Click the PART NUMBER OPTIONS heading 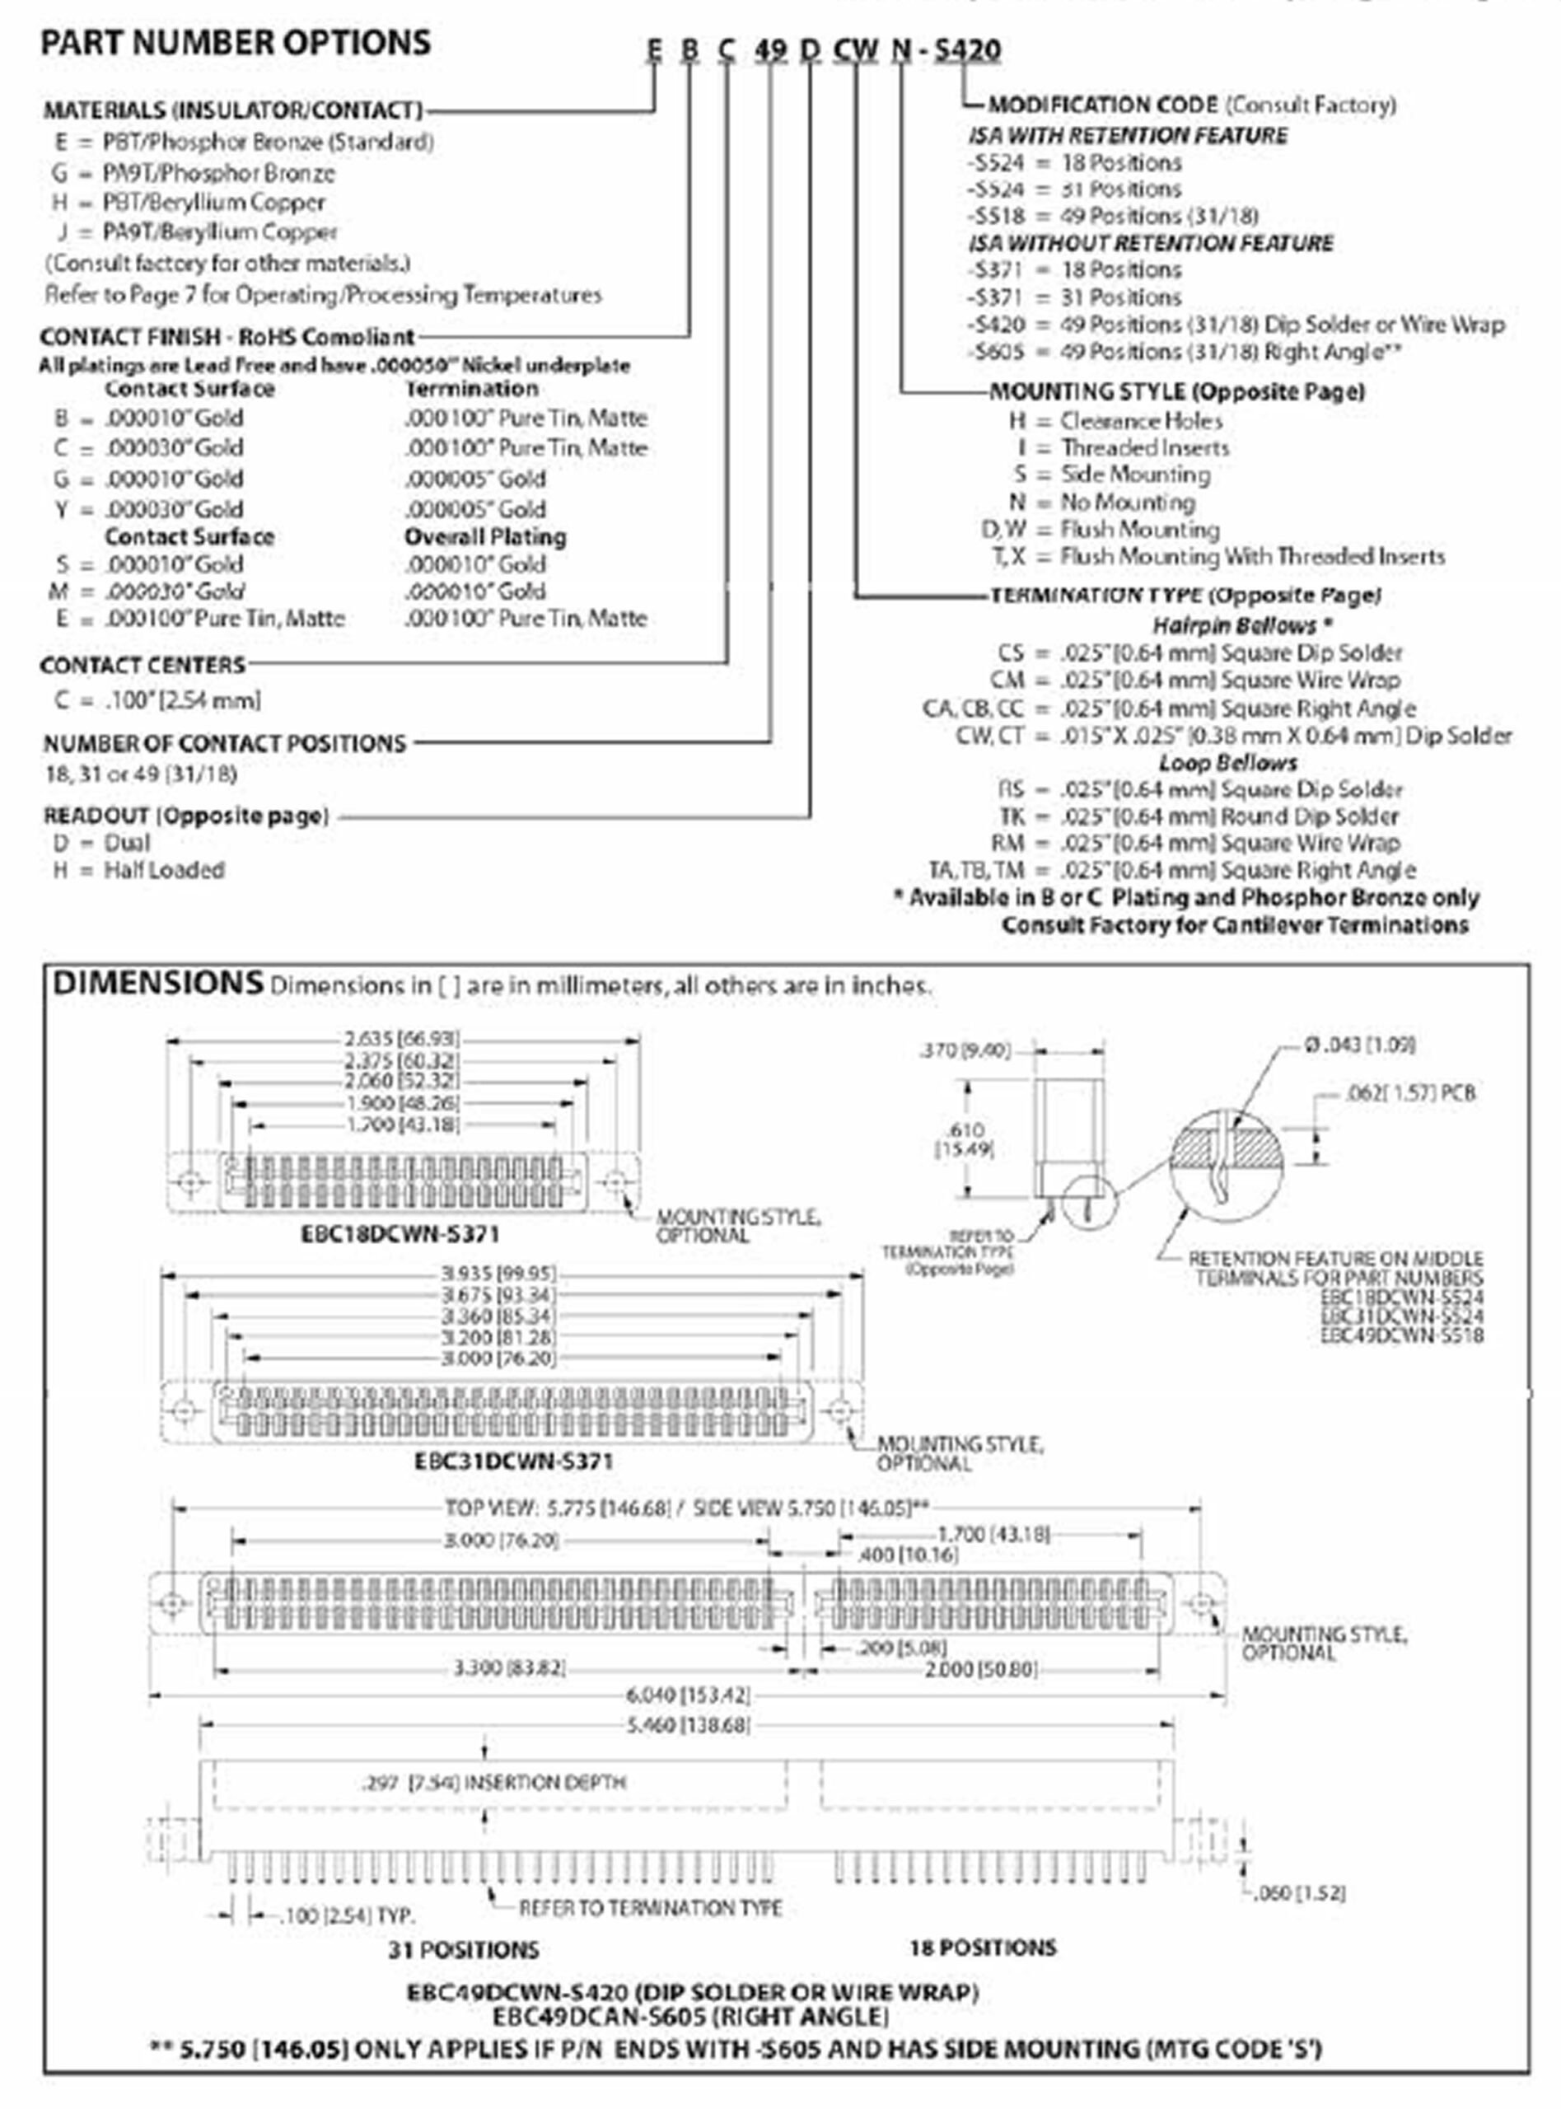tap(236, 44)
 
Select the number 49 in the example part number tap(770, 50)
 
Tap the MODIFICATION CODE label tap(1103, 105)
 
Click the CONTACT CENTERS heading tap(143, 665)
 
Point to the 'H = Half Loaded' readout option tap(139, 870)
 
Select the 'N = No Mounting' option tap(1102, 502)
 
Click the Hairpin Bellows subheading tap(1241, 624)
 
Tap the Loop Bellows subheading tap(1227, 763)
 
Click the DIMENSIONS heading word tap(157, 984)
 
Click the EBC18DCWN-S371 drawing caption tap(400, 1234)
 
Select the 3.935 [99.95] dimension tap(498, 1274)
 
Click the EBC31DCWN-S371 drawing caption tap(513, 1461)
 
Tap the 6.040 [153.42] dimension tap(687, 1695)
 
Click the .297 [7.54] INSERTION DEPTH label tap(493, 1782)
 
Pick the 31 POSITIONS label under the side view tap(463, 1949)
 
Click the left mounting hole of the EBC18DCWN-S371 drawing tap(192, 1183)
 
